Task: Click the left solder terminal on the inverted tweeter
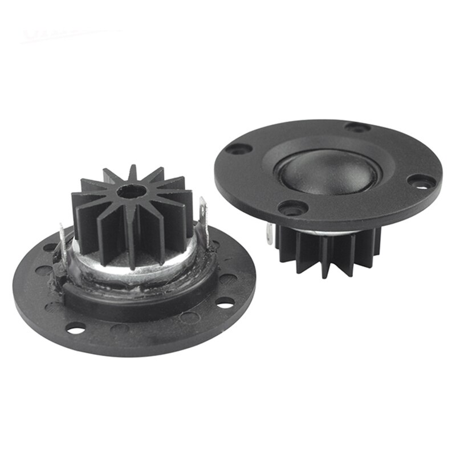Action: [x=63, y=240]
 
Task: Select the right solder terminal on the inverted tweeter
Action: [x=202, y=211]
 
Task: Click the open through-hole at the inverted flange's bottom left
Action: [x=75, y=327]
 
